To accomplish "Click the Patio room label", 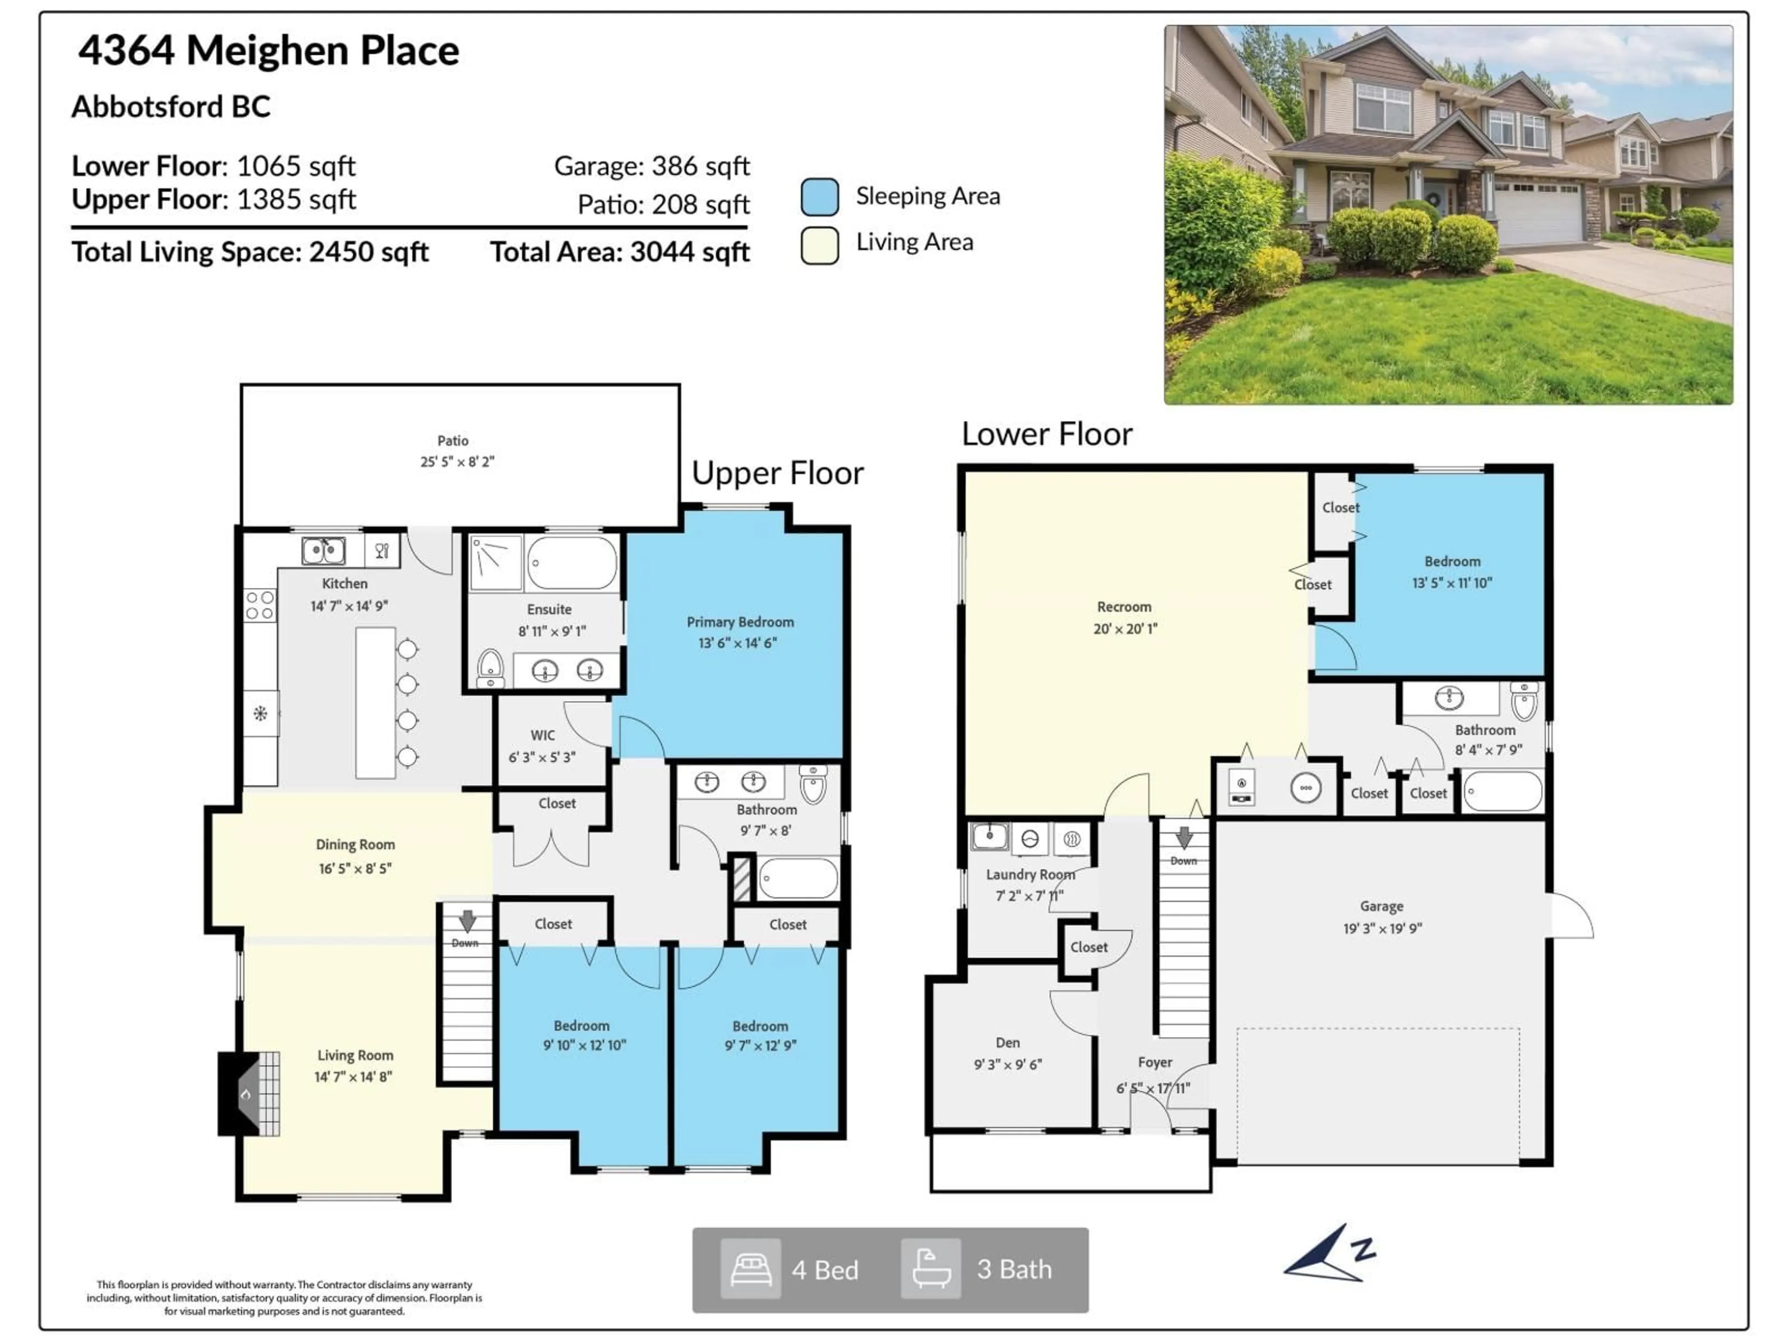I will click(x=453, y=441).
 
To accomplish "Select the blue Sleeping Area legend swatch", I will click(x=819, y=197).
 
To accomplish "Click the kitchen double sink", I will click(x=323, y=551).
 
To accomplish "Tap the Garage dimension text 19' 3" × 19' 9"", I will click(x=1382, y=928).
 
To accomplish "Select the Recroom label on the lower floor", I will click(x=1124, y=607).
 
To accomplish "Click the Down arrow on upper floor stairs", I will click(x=467, y=921).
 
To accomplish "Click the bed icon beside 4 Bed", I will click(x=750, y=1269).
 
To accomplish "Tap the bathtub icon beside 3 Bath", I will click(x=931, y=1269).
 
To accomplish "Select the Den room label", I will click(x=1008, y=1043).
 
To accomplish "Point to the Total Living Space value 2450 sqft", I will click(x=369, y=252).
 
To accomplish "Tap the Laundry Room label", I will click(x=1029, y=875).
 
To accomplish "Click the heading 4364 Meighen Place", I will click(x=268, y=50).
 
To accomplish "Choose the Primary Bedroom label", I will click(x=740, y=622).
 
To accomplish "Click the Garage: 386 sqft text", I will click(x=651, y=166).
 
